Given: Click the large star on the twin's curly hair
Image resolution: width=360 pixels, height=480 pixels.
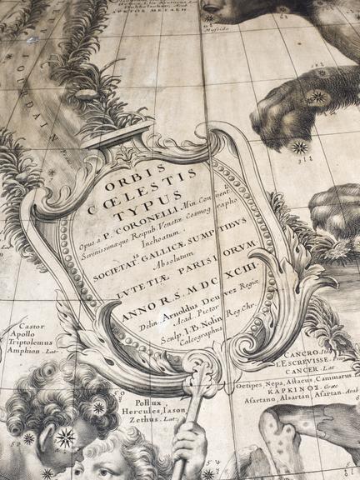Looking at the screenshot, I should click(65, 436).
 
